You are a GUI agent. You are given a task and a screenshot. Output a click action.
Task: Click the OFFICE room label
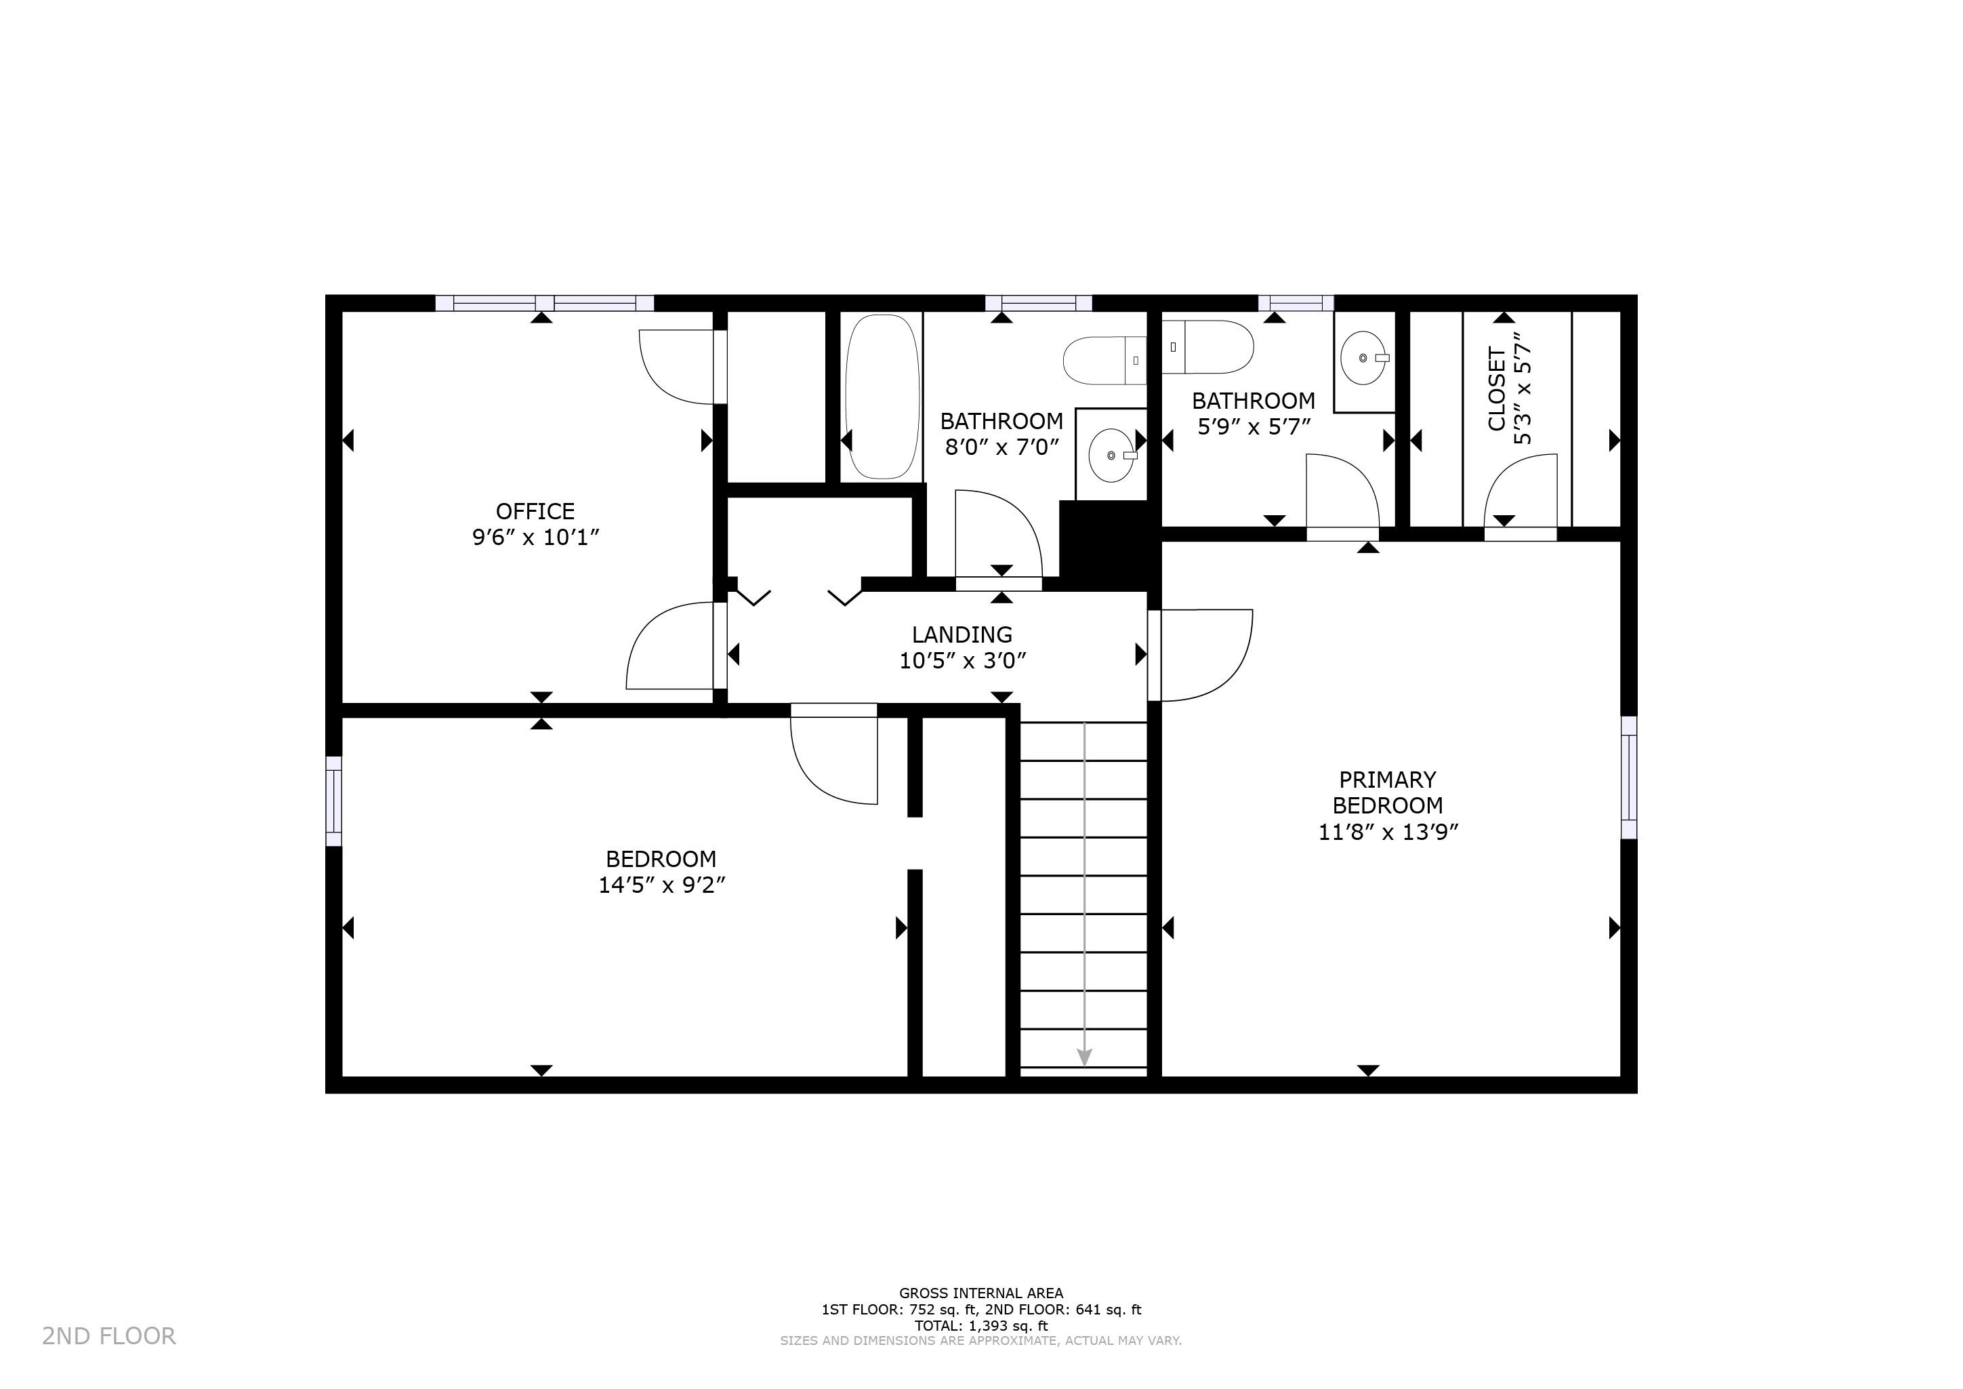535,510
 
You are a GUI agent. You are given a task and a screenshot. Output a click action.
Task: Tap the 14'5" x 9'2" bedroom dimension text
662,885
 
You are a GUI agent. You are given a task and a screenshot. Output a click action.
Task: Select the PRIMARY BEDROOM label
1388,793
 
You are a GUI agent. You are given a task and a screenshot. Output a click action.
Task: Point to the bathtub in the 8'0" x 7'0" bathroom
882,396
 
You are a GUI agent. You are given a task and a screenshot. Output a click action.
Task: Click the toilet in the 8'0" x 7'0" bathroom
1104,360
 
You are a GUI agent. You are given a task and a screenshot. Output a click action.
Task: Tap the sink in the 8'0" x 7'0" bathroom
1111,455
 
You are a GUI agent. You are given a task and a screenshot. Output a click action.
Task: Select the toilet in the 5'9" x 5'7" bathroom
1207,346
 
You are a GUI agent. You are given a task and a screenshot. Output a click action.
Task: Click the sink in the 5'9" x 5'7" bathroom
1365,359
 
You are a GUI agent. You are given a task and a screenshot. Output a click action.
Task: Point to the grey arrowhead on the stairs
1084,1056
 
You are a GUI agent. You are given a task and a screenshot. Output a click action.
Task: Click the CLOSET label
1496,388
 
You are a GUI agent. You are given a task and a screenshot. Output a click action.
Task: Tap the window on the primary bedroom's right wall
1629,778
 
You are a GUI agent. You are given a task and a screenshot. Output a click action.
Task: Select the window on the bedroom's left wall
333,801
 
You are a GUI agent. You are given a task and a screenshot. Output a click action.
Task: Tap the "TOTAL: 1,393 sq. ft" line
980,1327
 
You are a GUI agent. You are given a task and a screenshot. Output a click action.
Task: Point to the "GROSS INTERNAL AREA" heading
980,1293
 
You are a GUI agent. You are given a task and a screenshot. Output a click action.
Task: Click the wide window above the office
545,303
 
